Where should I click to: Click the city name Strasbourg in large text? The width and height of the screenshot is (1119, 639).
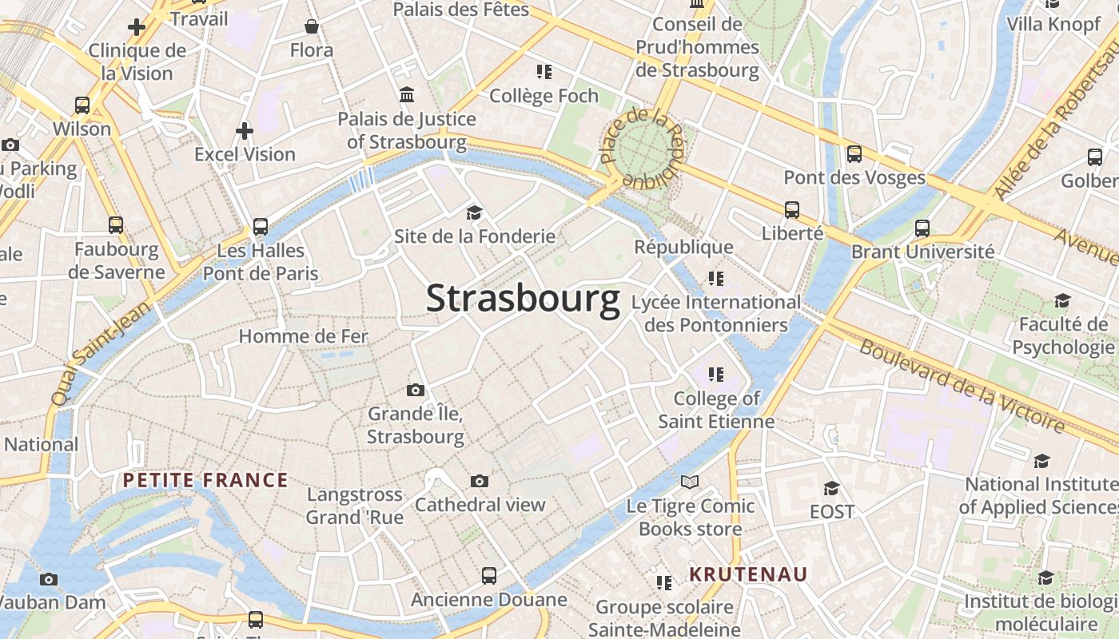(523, 299)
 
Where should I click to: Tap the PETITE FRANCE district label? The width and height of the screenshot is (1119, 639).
(205, 480)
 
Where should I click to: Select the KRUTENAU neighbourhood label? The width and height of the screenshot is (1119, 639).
(748, 574)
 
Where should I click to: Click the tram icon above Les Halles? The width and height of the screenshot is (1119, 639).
(261, 227)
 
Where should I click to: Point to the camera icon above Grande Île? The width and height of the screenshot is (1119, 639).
(416, 390)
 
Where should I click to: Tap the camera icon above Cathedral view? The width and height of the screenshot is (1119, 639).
(480, 481)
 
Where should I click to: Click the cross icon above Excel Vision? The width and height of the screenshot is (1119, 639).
(245, 130)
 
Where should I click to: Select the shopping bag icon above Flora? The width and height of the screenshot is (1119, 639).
(312, 27)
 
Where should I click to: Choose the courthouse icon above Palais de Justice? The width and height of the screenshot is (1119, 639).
(407, 95)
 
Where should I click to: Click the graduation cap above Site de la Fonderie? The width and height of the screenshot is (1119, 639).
(475, 212)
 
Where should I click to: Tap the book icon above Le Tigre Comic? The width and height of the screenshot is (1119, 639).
(690, 482)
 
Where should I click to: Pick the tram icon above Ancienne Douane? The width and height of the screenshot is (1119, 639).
(488, 576)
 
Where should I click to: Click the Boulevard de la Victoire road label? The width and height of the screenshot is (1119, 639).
(962, 386)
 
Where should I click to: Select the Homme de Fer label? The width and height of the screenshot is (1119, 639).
(304, 336)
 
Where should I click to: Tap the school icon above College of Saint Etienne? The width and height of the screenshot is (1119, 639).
(715, 374)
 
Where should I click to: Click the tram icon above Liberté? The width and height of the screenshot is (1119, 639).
(792, 210)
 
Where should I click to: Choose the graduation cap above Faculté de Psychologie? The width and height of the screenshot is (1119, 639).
(1062, 300)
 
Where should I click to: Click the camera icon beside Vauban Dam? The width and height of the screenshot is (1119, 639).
(49, 579)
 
